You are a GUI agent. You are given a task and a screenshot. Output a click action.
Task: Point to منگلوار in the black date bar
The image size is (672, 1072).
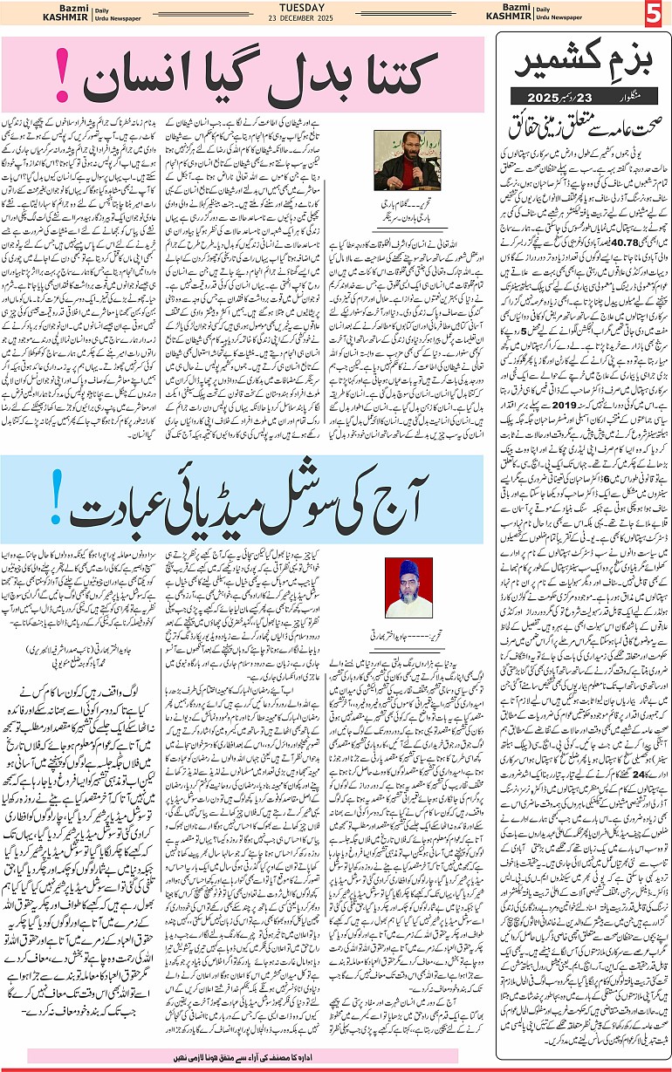(x=629, y=89)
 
